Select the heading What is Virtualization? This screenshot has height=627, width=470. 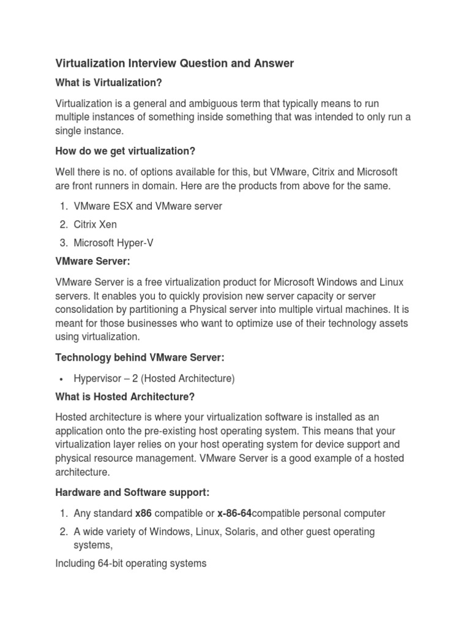[109, 83]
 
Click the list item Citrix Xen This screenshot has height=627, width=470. [95, 225]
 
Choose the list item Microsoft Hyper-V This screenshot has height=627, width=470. [113, 243]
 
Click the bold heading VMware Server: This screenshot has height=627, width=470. [93, 261]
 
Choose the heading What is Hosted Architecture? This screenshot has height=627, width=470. [125, 397]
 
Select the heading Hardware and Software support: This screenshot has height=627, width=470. [132, 492]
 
